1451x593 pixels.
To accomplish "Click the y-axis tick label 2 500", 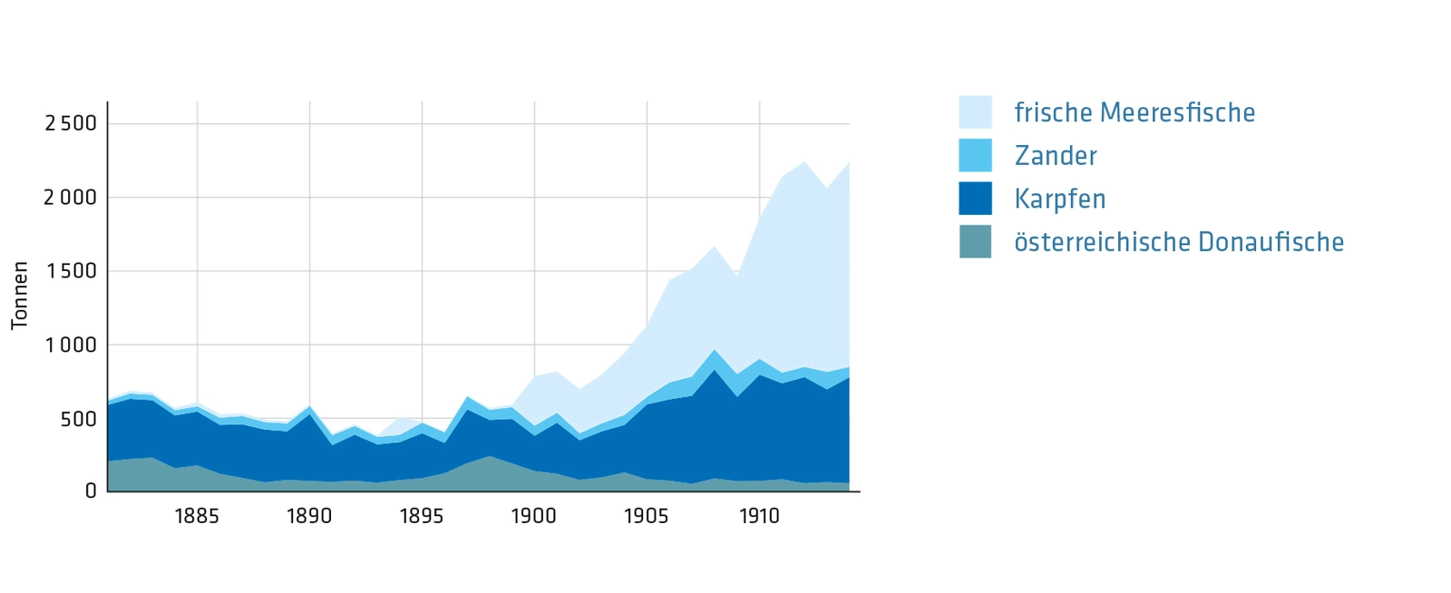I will [71, 123].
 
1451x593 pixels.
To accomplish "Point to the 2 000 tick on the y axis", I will [71, 198].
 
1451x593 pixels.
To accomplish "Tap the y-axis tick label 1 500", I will [71, 271].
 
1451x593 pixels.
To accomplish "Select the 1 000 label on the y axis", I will [71, 345].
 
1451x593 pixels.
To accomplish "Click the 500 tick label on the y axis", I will [78, 419].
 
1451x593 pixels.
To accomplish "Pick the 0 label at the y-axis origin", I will [91, 491].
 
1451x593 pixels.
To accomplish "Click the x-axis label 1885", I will [197, 517].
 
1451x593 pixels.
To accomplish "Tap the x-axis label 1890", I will [309, 517].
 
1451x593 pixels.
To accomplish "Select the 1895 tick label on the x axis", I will [422, 517].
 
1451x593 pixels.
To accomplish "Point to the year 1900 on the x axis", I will [534, 517].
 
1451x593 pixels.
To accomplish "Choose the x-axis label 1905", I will [647, 517].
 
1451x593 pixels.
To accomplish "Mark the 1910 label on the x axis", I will [759, 517].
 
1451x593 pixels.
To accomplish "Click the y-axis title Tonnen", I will [20, 296].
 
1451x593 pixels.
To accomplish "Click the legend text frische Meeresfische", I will [1135, 112].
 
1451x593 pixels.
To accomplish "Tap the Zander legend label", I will [1056, 156].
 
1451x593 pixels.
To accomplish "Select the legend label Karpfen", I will [1060, 199].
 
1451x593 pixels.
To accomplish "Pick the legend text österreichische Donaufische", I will [1179, 242].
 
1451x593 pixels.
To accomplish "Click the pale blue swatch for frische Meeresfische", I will [975, 112].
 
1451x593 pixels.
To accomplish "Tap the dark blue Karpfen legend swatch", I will [975, 199].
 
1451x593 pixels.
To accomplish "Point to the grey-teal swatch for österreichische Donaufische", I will [975, 242].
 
